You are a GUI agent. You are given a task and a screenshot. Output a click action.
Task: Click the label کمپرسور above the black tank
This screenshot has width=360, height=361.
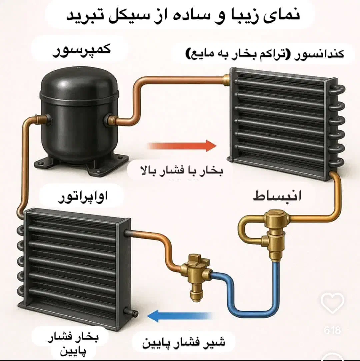(x=81, y=53)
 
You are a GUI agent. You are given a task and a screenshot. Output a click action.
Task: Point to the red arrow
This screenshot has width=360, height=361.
(x=182, y=146)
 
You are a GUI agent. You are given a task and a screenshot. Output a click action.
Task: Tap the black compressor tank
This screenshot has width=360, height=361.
(x=79, y=110)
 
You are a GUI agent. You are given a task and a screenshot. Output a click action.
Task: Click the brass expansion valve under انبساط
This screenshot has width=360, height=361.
(x=274, y=234)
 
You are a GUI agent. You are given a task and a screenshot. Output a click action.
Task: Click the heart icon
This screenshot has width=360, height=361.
(x=332, y=302)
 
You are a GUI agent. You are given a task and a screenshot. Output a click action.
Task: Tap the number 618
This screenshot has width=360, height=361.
(x=332, y=330)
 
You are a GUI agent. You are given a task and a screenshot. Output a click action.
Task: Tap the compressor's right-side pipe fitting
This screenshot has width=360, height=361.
(x=110, y=119)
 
